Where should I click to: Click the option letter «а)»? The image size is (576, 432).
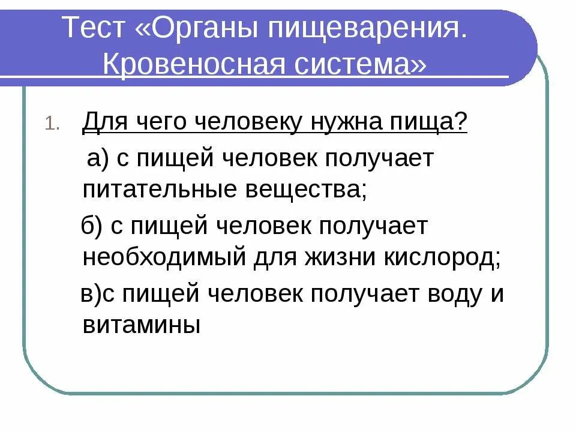pos(97,159)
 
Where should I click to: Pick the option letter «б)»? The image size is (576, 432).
pos(93,227)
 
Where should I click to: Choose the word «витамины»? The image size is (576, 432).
pos(141,326)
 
